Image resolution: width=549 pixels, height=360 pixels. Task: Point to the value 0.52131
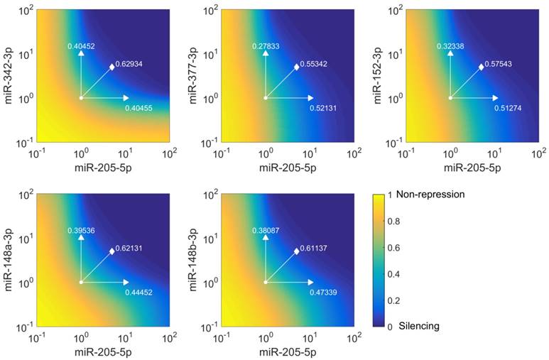pyautogui.click(x=324, y=108)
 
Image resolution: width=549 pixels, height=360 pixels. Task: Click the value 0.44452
pyautogui.click(x=138, y=293)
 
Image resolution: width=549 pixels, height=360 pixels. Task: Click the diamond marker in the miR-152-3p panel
pyautogui.click(x=482, y=67)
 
